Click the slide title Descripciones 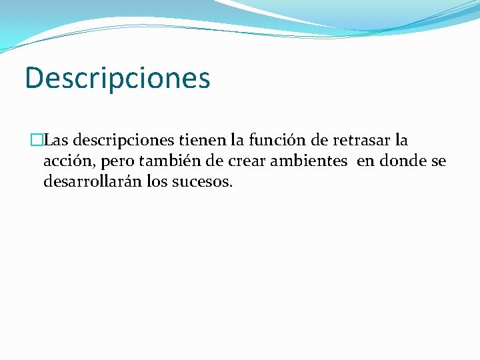117,78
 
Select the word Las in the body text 56,141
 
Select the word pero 116,162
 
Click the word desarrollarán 90,181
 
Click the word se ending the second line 439,161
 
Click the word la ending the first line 401,141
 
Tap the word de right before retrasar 319,141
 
